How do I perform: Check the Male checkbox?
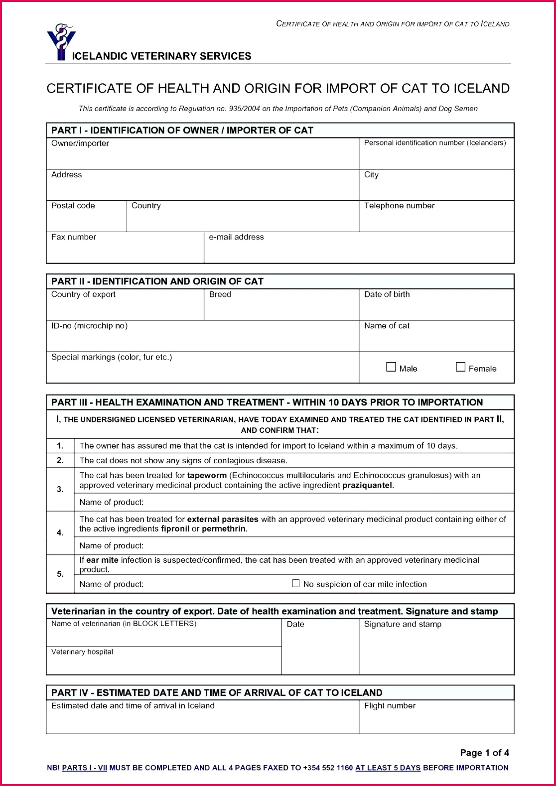(x=391, y=367)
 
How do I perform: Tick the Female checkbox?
(x=461, y=367)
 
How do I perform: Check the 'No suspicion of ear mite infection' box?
(x=296, y=583)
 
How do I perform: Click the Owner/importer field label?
(x=80, y=143)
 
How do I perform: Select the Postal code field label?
(x=73, y=206)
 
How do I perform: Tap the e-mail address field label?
(x=236, y=237)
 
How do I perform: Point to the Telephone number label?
(x=399, y=206)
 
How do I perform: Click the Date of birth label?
(x=387, y=294)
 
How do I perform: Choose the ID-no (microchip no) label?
(x=90, y=326)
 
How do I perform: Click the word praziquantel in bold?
(x=368, y=485)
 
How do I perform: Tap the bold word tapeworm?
(x=207, y=475)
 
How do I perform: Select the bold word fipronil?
(x=175, y=529)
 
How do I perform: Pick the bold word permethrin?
(x=224, y=529)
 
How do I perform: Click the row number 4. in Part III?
(x=60, y=533)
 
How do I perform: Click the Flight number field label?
(x=390, y=706)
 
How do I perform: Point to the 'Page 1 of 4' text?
(x=484, y=753)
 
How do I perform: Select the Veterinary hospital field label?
(x=82, y=652)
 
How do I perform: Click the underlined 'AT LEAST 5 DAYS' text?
(x=388, y=768)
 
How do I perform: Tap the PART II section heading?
(x=157, y=281)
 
